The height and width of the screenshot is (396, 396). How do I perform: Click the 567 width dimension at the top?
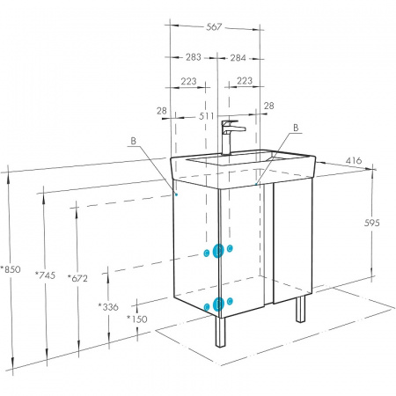tap(214, 27)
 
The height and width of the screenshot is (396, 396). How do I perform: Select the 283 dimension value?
tap(194, 57)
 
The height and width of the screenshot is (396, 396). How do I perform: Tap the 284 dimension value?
tap(238, 58)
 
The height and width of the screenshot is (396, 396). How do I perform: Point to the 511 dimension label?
tap(207, 116)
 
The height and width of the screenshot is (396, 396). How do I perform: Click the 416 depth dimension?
tap(354, 160)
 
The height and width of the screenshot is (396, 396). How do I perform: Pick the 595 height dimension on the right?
tap(372, 223)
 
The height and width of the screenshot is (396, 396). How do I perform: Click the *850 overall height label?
tap(11, 269)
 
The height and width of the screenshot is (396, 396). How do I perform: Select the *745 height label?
tap(45, 275)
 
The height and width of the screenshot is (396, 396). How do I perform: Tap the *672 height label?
tap(77, 278)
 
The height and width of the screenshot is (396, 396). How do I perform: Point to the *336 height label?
tap(108, 307)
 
